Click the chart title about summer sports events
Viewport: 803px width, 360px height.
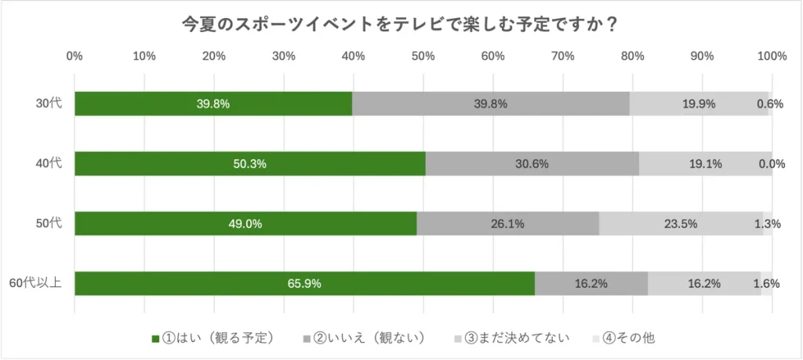pyautogui.click(x=400, y=24)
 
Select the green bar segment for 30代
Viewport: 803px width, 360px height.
pyautogui.click(x=213, y=104)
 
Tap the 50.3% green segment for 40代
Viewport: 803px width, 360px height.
pyautogui.click(x=250, y=164)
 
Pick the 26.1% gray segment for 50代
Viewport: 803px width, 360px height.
pyautogui.click(x=507, y=224)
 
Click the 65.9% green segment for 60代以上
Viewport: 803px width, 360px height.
pyautogui.click(x=304, y=283)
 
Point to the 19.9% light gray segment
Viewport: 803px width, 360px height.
pyautogui.click(x=699, y=104)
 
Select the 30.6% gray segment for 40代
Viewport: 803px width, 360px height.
pyautogui.click(x=532, y=164)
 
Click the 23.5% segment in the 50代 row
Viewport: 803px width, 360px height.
pyautogui.click(x=681, y=224)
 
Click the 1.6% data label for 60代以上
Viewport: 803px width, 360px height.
pyautogui.click(x=766, y=283)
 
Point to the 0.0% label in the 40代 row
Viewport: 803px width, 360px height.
pyautogui.click(x=771, y=164)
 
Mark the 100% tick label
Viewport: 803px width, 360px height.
pyautogui.click(x=772, y=56)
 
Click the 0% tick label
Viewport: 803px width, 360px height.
pyautogui.click(x=74, y=56)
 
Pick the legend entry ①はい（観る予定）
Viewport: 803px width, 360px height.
pyautogui.click(x=213, y=338)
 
